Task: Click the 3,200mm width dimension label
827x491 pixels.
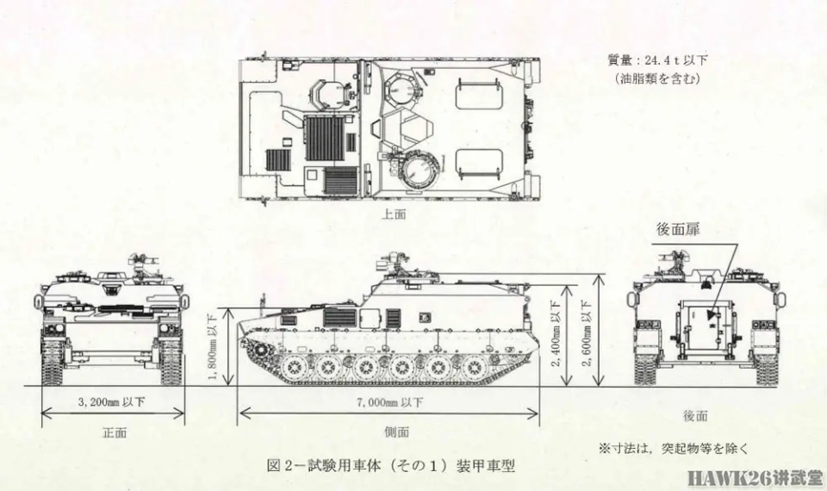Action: pyautogui.click(x=113, y=401)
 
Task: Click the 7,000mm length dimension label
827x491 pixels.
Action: pyautogui.click(x=389, y=401)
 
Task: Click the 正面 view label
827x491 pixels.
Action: pyautogui.click(x=113, y=432)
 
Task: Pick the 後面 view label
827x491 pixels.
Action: pyautogui.click(x=695, y=416)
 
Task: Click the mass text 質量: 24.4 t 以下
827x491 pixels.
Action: pyautogui.click(x=657, y=61)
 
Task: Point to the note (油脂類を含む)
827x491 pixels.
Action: pyautogui.click(x=657, y=78)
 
